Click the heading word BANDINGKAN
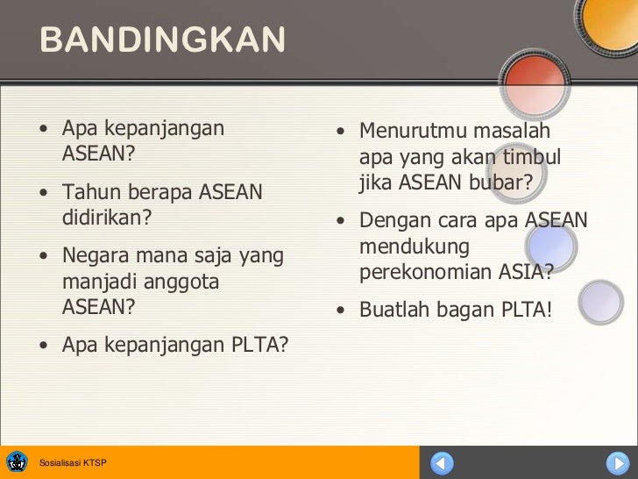click(x=162, y=40)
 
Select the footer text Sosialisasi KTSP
click(x=74, y=462)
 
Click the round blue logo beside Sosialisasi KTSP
click(x=18, y=461)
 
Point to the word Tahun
click(x=92, y=192)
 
